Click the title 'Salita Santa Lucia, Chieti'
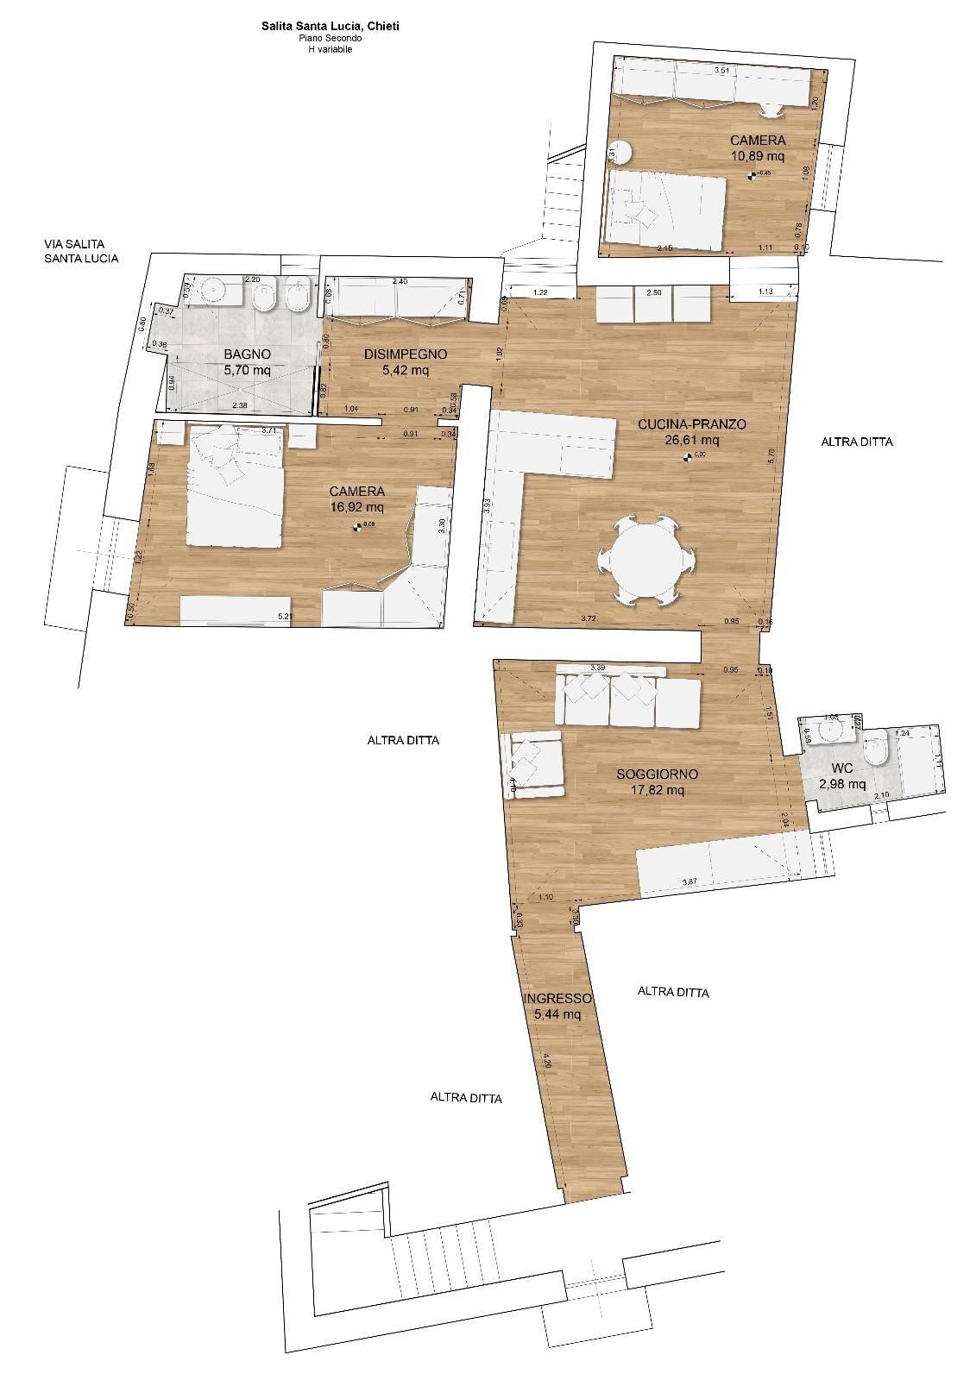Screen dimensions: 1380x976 point(331,27)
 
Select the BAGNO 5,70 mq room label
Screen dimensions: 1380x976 point(248,361)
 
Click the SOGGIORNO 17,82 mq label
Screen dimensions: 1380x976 point(657,781)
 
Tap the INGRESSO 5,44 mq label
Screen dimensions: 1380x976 point(557,1006)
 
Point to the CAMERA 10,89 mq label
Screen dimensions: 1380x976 point(757,147)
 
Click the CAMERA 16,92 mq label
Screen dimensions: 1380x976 point(356,499)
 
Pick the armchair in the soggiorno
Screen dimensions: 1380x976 point(536,764)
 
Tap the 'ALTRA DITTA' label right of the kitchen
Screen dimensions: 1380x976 point(856,442)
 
